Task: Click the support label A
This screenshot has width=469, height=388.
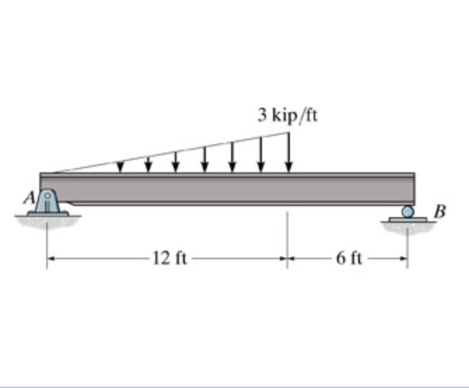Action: click(31, 198)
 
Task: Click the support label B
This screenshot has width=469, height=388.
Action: click(439, 209)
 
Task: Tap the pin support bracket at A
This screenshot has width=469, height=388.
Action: click(47, 202)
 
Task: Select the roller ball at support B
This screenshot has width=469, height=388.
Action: click(407, 212)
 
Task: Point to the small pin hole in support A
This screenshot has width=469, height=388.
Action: click(48, 198)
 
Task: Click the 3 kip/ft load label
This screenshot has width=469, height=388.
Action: click(287, 115)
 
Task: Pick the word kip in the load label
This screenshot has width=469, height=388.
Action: click(283, 116)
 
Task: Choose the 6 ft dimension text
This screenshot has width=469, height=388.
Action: click(348, 258)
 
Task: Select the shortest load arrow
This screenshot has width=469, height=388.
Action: click(121, 166)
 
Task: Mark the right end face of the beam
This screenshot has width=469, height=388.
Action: click(414, 189)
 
